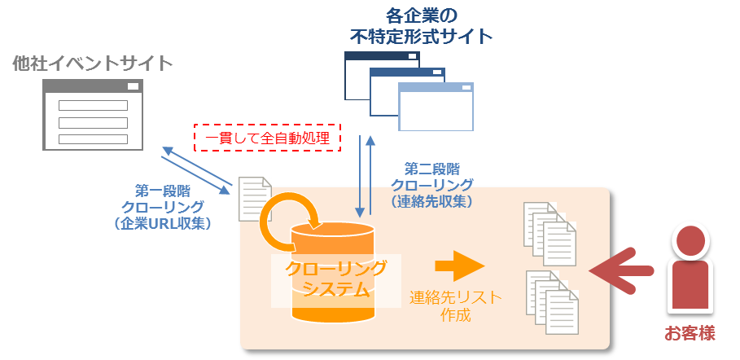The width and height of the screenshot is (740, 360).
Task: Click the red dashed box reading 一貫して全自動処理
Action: (x=267, y=138)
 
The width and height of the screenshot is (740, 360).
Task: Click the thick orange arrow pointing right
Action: (x=459, y=266)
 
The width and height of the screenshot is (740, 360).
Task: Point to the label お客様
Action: (x=690, y=333)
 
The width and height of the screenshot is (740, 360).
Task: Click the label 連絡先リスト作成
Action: (x=455, y=306)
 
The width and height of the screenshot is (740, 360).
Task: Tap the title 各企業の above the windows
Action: (x=421, y=15)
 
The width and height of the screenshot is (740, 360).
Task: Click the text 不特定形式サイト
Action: (x=421, y=37)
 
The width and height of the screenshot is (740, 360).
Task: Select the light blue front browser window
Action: (x=436, y=107)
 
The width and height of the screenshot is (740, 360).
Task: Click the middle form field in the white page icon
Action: (x=93, y=122)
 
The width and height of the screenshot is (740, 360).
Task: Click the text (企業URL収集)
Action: (x=163, y=222)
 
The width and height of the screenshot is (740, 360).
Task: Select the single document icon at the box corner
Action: (x=255, y=199)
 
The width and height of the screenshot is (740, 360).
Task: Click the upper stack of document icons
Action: (x=545, y=228)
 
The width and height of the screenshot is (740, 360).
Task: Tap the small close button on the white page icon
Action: (x=133, y=86)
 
